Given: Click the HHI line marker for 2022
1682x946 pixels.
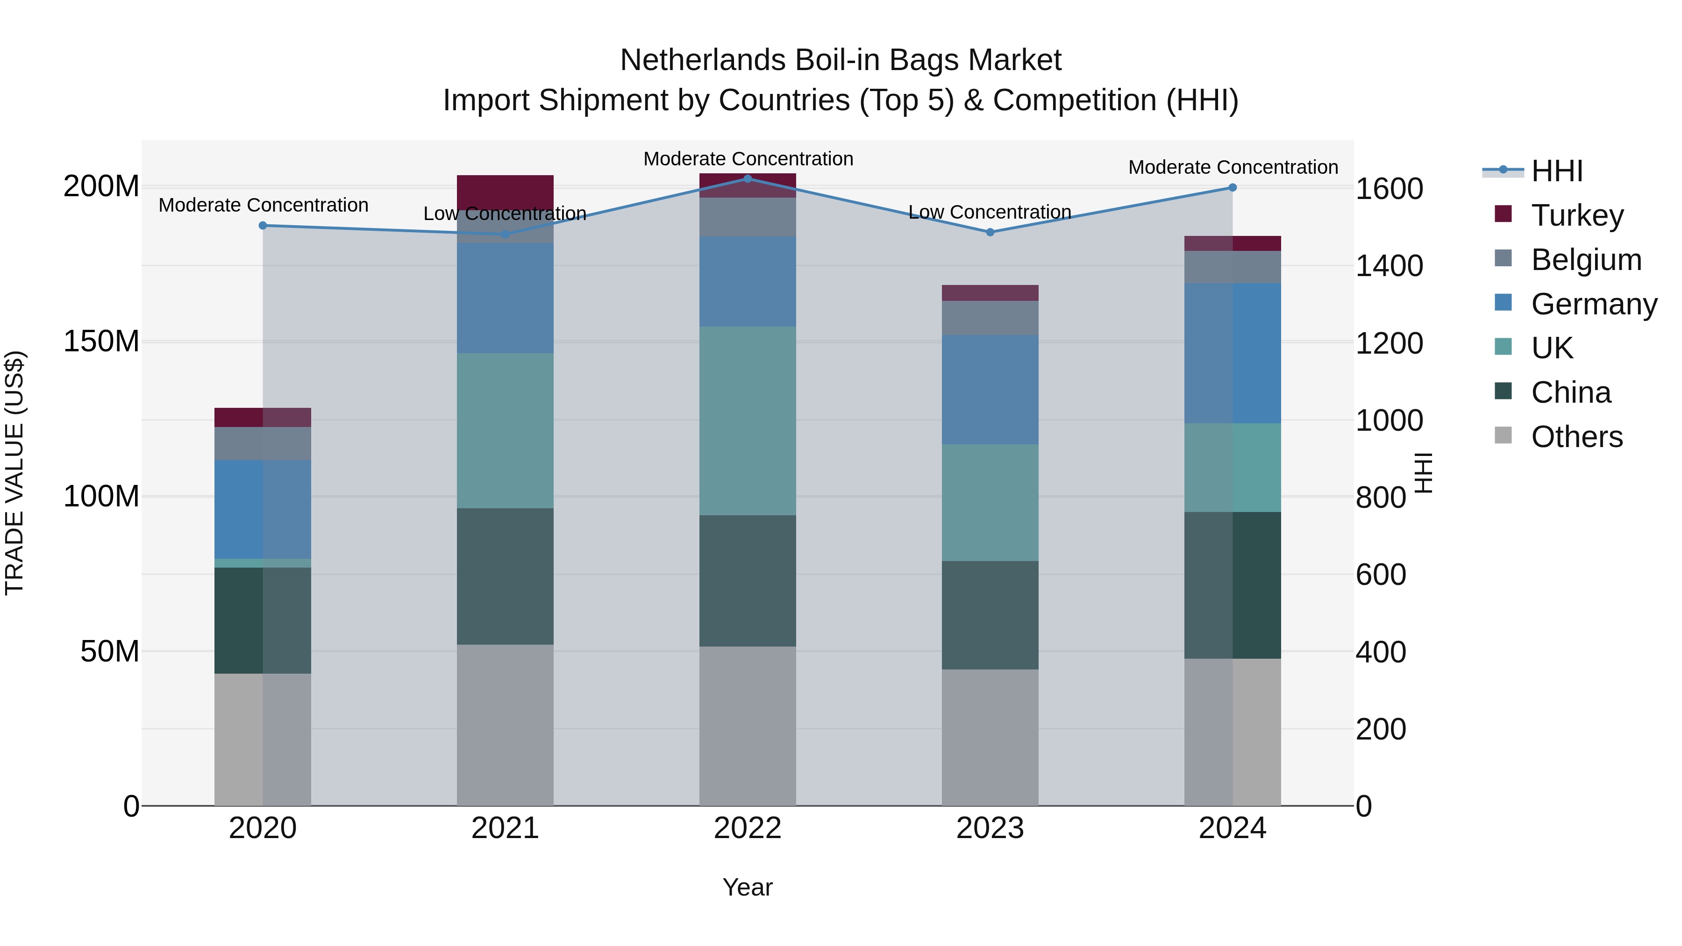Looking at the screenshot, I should [748, 178].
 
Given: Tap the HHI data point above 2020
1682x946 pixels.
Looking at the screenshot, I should [263, 225].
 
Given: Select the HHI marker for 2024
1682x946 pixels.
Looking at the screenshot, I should [1233, 187].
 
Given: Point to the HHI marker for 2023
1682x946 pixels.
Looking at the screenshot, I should [990, 232].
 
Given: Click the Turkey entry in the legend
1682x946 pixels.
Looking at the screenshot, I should [1577, 215].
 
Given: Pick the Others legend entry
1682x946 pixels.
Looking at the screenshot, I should [1576, 436].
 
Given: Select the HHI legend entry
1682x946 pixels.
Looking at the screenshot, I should [1557, 171].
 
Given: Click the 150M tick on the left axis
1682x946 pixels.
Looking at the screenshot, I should [101, 341].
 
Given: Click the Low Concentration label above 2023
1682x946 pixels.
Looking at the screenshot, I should [990, 212].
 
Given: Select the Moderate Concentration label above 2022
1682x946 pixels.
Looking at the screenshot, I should [748, 159].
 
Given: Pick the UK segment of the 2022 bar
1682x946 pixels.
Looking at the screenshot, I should [748, 420].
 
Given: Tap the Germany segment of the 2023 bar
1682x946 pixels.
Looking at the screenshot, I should [990, 390].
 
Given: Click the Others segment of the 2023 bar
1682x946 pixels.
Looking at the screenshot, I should [990, 737].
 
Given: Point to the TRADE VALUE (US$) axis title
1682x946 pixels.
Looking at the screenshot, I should [14, 473].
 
